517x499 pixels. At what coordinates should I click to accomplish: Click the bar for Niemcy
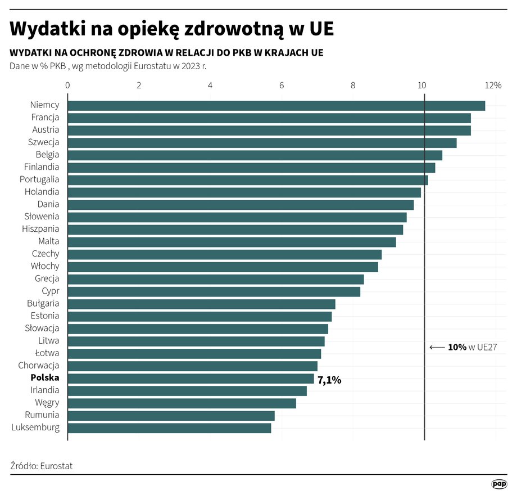tap(275, 106)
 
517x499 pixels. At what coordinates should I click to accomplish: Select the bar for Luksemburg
tap(169, 428)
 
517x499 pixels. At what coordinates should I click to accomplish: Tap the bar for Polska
tap(191, 378)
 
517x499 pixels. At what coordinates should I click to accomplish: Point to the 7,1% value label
tap(329, 380)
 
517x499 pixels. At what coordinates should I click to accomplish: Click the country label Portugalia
tap(39, 179)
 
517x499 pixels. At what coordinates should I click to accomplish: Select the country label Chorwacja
tap(39, 366)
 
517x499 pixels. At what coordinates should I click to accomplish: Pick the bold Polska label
tap(45, 378)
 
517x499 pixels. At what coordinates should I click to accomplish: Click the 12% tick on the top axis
tap(493, 86)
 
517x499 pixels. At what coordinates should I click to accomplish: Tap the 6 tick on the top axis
tap(282, 86)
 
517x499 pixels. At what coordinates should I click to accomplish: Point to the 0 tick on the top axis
tap(67, 86)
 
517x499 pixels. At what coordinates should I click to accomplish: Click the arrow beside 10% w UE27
tap(437, 348)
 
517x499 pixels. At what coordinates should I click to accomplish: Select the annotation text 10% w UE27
tap(473, 348)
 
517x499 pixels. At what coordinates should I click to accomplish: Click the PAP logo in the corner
tap(499, 484)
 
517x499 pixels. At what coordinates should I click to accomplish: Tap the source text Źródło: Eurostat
tap(42, 466)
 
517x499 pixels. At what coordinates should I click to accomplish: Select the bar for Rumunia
tap(171, 415)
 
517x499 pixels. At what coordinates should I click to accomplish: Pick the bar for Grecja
tap(215, 279)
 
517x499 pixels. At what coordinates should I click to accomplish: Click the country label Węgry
tap(47, 403)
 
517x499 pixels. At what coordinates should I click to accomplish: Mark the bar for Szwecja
tap(262, 143)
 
